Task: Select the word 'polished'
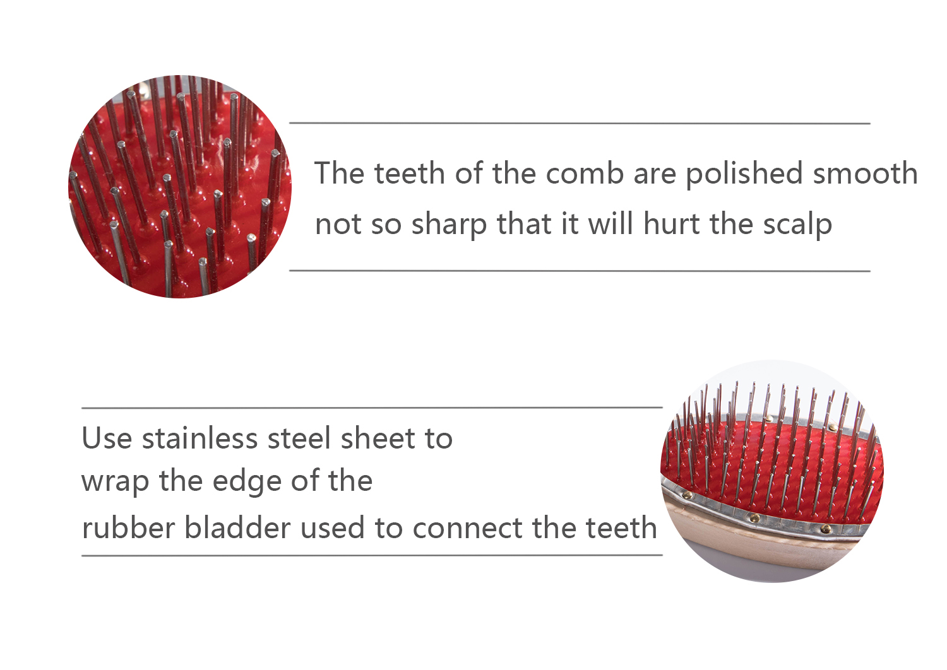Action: (x=744, y=174)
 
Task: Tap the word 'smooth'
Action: (x=865, y=173)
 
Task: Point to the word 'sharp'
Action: (x=449, y=225)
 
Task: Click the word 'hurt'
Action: (x=671, y=223)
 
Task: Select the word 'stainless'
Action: (x=200, y=438)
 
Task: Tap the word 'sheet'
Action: (x=378, y=438)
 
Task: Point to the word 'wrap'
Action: (x=115, y=482)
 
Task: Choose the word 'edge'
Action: (x=247, y=482)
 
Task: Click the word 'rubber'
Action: (x=129, y=527)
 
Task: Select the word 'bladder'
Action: (x=238, y=527)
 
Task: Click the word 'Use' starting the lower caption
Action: (x=107, y=438)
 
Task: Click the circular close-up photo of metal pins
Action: (x=180, y=187)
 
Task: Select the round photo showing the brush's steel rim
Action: (x=772, y=471)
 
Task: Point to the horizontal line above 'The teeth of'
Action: (x=580, y=124)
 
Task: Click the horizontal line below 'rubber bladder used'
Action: (x=372, y=556)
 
